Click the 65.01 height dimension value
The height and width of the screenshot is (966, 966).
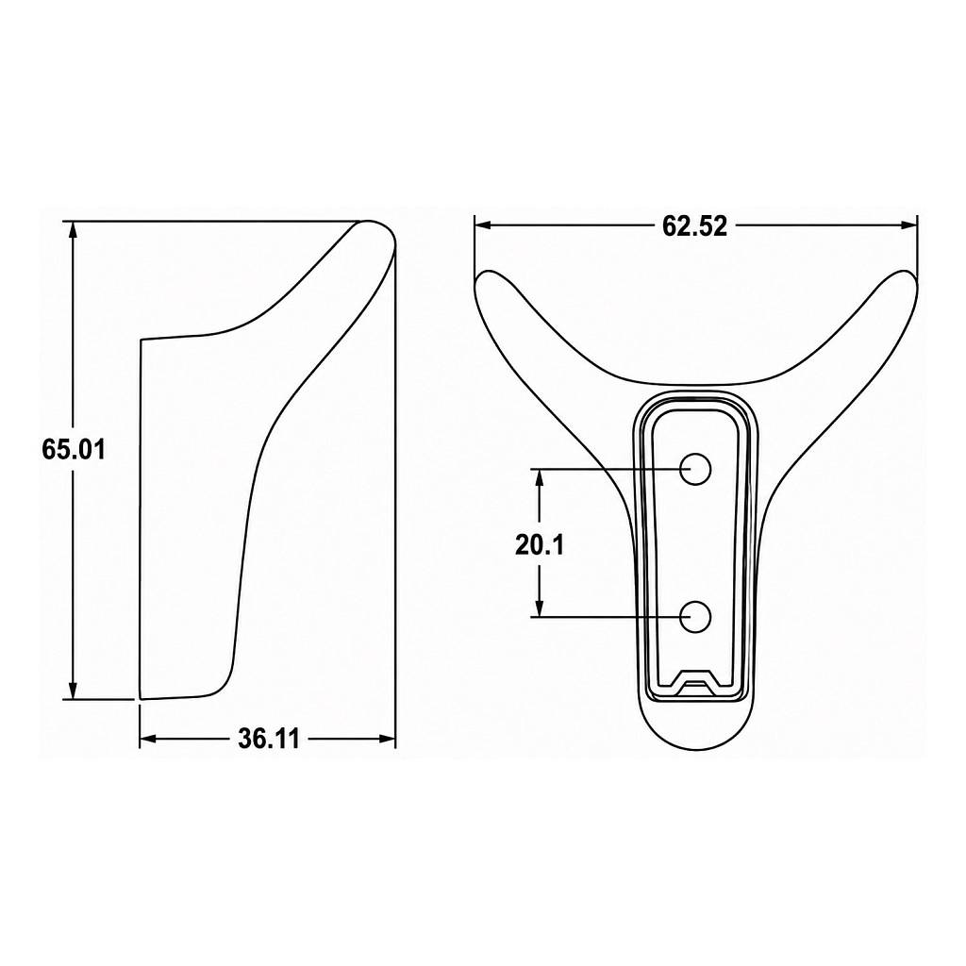[74, 449]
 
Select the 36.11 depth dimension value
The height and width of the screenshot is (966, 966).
[269, 739]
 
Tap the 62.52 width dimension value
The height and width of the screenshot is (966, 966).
[694, 226]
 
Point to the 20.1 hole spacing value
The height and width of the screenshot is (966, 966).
[539, 544]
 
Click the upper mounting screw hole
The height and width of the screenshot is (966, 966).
[695, 470]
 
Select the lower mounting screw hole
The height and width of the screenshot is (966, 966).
[695, 617]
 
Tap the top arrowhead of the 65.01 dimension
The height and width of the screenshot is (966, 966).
[74, 229]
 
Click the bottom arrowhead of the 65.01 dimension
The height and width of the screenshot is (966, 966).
[74, 690]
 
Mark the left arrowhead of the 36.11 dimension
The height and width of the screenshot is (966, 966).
[148, 739]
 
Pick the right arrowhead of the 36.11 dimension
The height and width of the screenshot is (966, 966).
[386, 739]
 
